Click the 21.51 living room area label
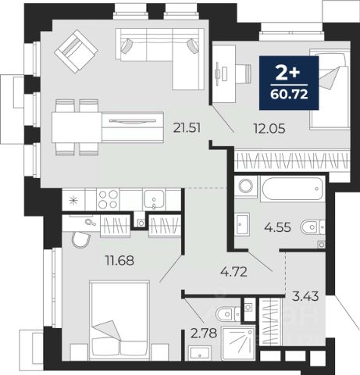[x=187, y=128]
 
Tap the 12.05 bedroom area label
[x=269, y=128]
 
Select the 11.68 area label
[x=119, y=260]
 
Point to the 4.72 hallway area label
[x=233, y=272]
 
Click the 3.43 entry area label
[x=305, y=296]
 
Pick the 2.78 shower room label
[x=204, y=333]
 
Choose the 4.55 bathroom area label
[x=277, y=227]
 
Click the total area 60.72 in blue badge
[x=289, y=94]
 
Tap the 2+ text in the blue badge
[x=287, y=73]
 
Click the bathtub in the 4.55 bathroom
[x=293, y=188]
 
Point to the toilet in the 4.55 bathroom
[x=312, y=227]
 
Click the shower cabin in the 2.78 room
[x=238, y=343]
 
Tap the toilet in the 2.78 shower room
[x=228, y=314]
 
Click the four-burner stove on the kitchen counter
[x=108, y=199]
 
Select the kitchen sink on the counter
[x=154, y=199]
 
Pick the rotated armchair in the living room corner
[x=76, y=51]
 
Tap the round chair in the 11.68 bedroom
[x=81, y=240]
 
